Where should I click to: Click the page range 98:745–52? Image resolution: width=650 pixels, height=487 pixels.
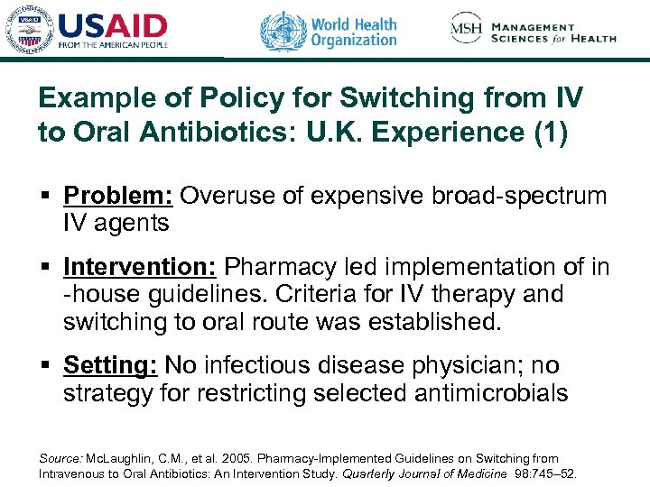click(545, 473)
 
